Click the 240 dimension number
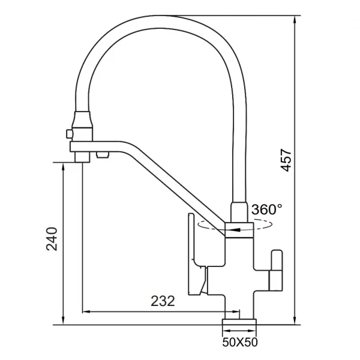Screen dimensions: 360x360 53,238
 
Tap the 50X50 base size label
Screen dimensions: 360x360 239,343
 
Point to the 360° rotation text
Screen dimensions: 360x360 266,209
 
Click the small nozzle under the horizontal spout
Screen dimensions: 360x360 101,155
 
